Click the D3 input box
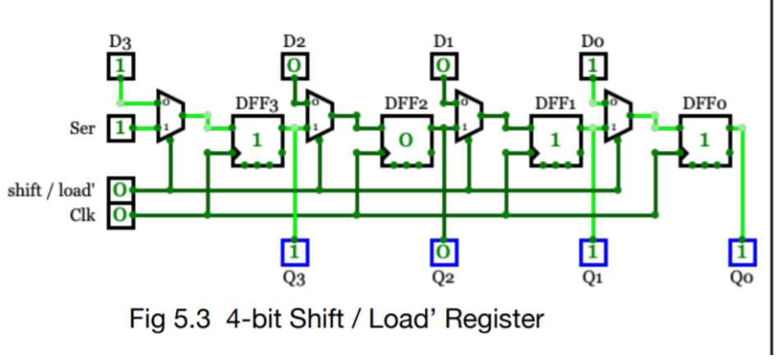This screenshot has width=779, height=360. tap(120, 65)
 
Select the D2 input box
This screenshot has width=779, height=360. tap(294, 65)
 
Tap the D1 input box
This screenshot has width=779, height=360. tap(444, 65)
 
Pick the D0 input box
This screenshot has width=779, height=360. tap(592, 65)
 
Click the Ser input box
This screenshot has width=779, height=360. tap(120, 128)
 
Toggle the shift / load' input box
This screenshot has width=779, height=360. tap(120, 190)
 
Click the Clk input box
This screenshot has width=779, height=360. tap(120, 215)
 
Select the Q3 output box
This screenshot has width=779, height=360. tap(294, 251)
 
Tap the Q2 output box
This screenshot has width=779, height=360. tap(444, 251)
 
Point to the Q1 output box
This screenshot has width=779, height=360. tap(592, 251)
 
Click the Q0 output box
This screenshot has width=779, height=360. tap(742, 251)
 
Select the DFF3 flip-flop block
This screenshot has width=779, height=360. tap(256, 140)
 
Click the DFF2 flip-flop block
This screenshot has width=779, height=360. tap(405, 140)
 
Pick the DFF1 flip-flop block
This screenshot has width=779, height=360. tap(555, 140)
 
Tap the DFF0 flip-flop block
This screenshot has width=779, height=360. tap(704, 140)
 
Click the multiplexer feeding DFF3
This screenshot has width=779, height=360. tap(170, 116)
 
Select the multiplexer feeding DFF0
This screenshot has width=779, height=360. tap(617, 116)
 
